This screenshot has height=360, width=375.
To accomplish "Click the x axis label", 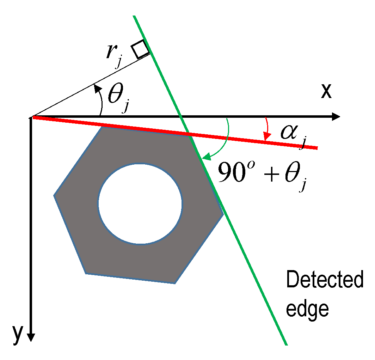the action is pyautogui.click(x=326, y=91).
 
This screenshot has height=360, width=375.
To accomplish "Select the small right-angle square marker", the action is pyautogui.click(x=140, y=49).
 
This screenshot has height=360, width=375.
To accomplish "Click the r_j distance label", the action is pyautogui.click(x=114, y=55).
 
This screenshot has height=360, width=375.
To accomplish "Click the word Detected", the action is pyautogui.click(x=325, y=279).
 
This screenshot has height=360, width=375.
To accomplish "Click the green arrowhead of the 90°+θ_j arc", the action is pyautogui.click(x=207, y=156).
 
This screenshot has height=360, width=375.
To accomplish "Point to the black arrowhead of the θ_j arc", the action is pyautogui.click(x=97, y=88).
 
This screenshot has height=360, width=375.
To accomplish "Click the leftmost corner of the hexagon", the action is pyautogui.click(x=54, y=196).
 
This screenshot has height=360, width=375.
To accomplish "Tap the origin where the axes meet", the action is pyautogui.click(x=31, y=117).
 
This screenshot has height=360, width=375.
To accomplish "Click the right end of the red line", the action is pyautogui.click(x=317, y=148).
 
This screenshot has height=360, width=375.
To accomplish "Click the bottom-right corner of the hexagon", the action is pyautogui.click(x=175, y=284).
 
